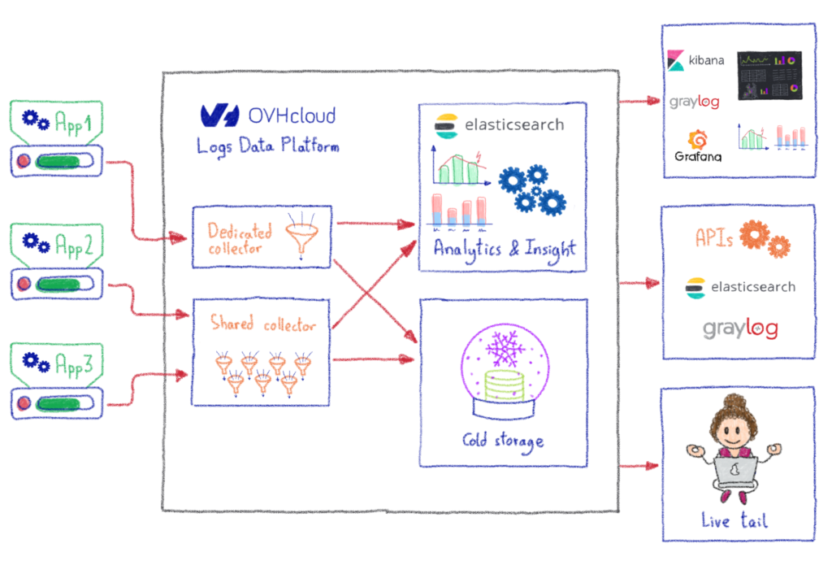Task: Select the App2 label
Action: [x=73, y=243]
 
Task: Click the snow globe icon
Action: [x=502, y=366]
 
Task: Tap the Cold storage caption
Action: [x=503, y=442]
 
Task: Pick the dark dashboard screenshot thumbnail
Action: [x=769, y=75]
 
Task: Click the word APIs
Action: [x=714, y=238]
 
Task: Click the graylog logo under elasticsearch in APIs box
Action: [x=740, y=328]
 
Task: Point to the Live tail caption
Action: [x=734, y=520]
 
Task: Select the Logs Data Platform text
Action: [x=267, y=146]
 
